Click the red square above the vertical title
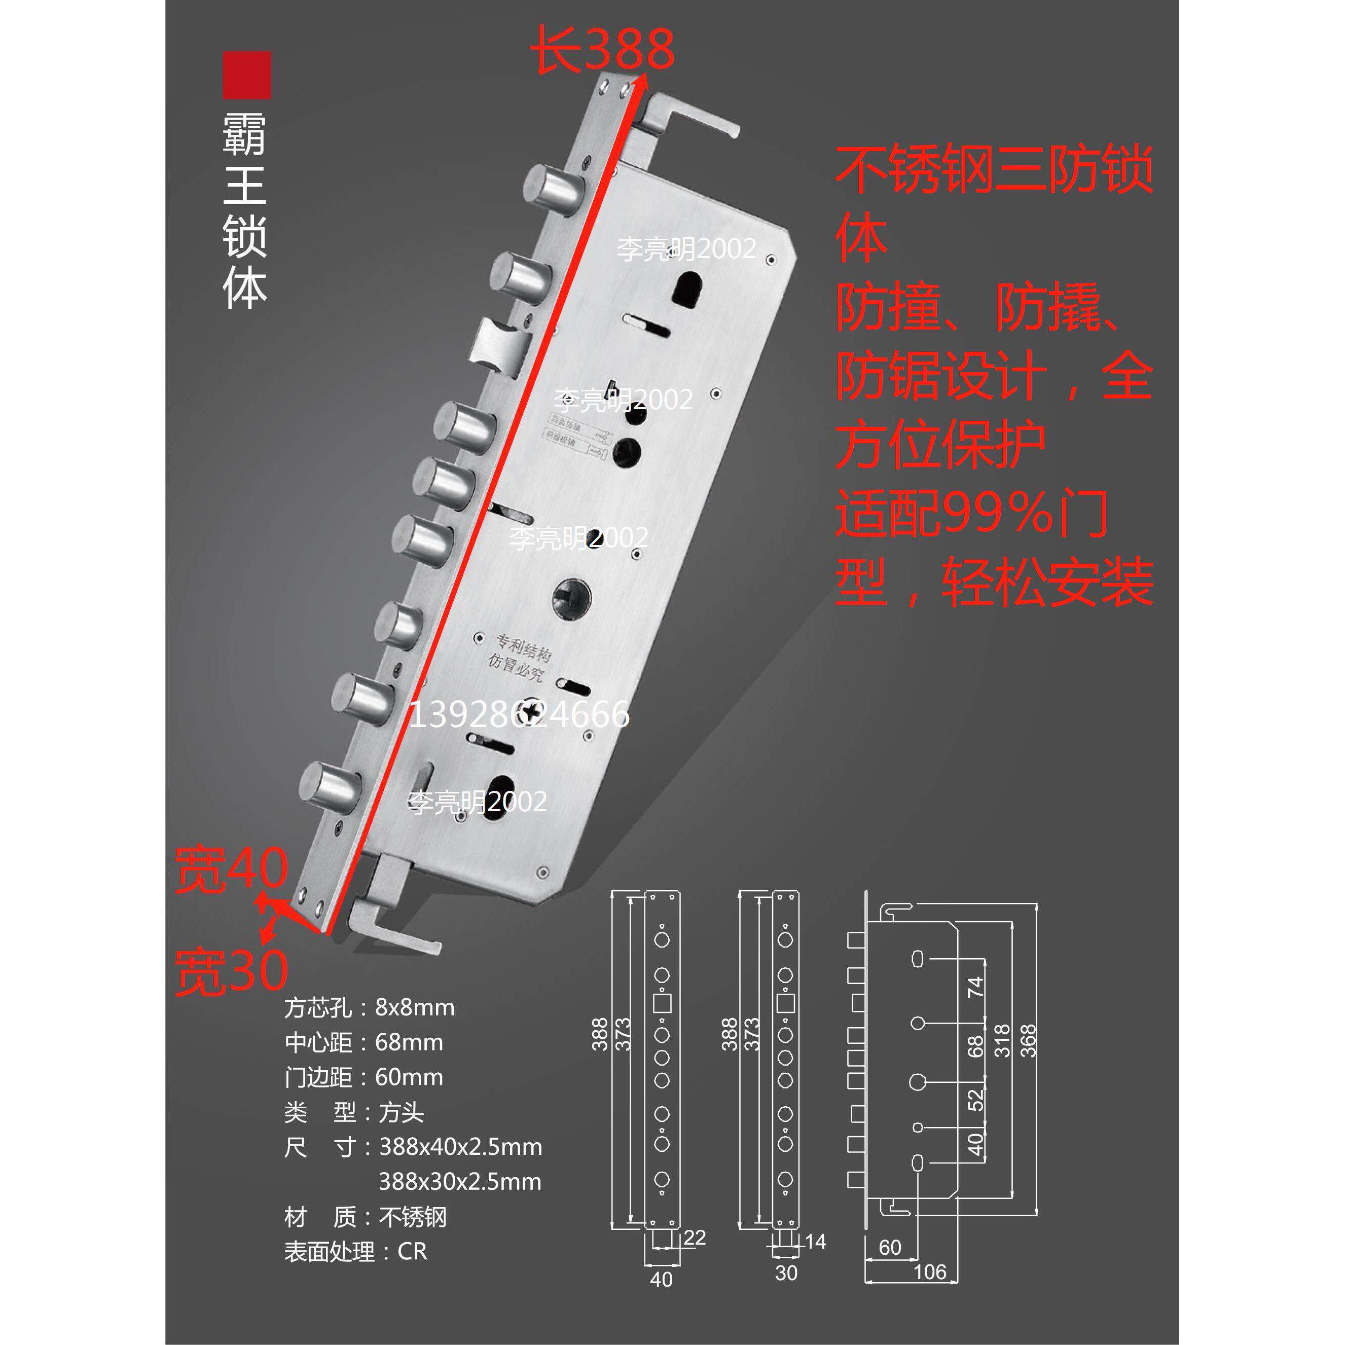point(246,75)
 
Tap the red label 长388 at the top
point(603,50)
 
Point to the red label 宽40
point(231,869)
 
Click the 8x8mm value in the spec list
point(415,1007)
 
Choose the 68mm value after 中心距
point(409,1042)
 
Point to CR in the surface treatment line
point(412,1251)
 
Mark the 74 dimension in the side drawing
point(975,987)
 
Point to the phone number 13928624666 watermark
point(519,714)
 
